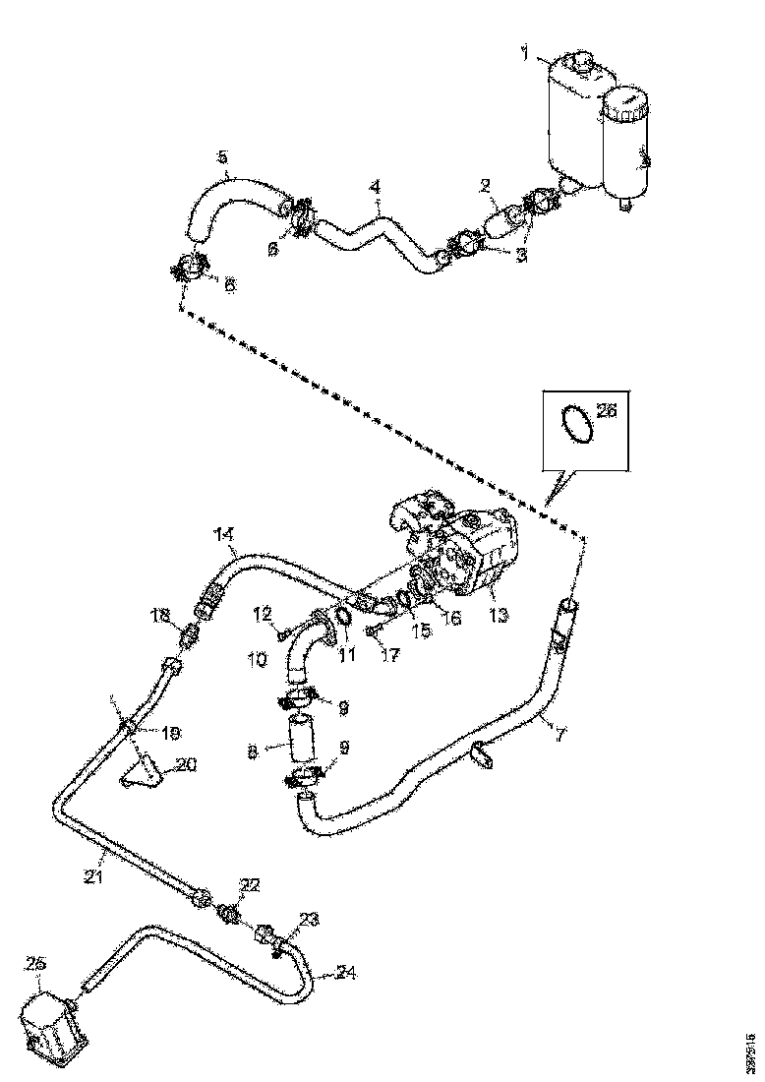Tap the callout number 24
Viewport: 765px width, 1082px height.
(345, 974)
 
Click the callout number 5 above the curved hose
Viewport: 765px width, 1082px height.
(222, 156)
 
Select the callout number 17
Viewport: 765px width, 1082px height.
(390, 653)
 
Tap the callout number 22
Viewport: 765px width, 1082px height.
(250, 885)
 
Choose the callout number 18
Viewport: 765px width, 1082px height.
(160, 615)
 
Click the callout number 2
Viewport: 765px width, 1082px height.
(485, 184)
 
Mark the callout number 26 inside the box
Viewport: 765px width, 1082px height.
(606, 410)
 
